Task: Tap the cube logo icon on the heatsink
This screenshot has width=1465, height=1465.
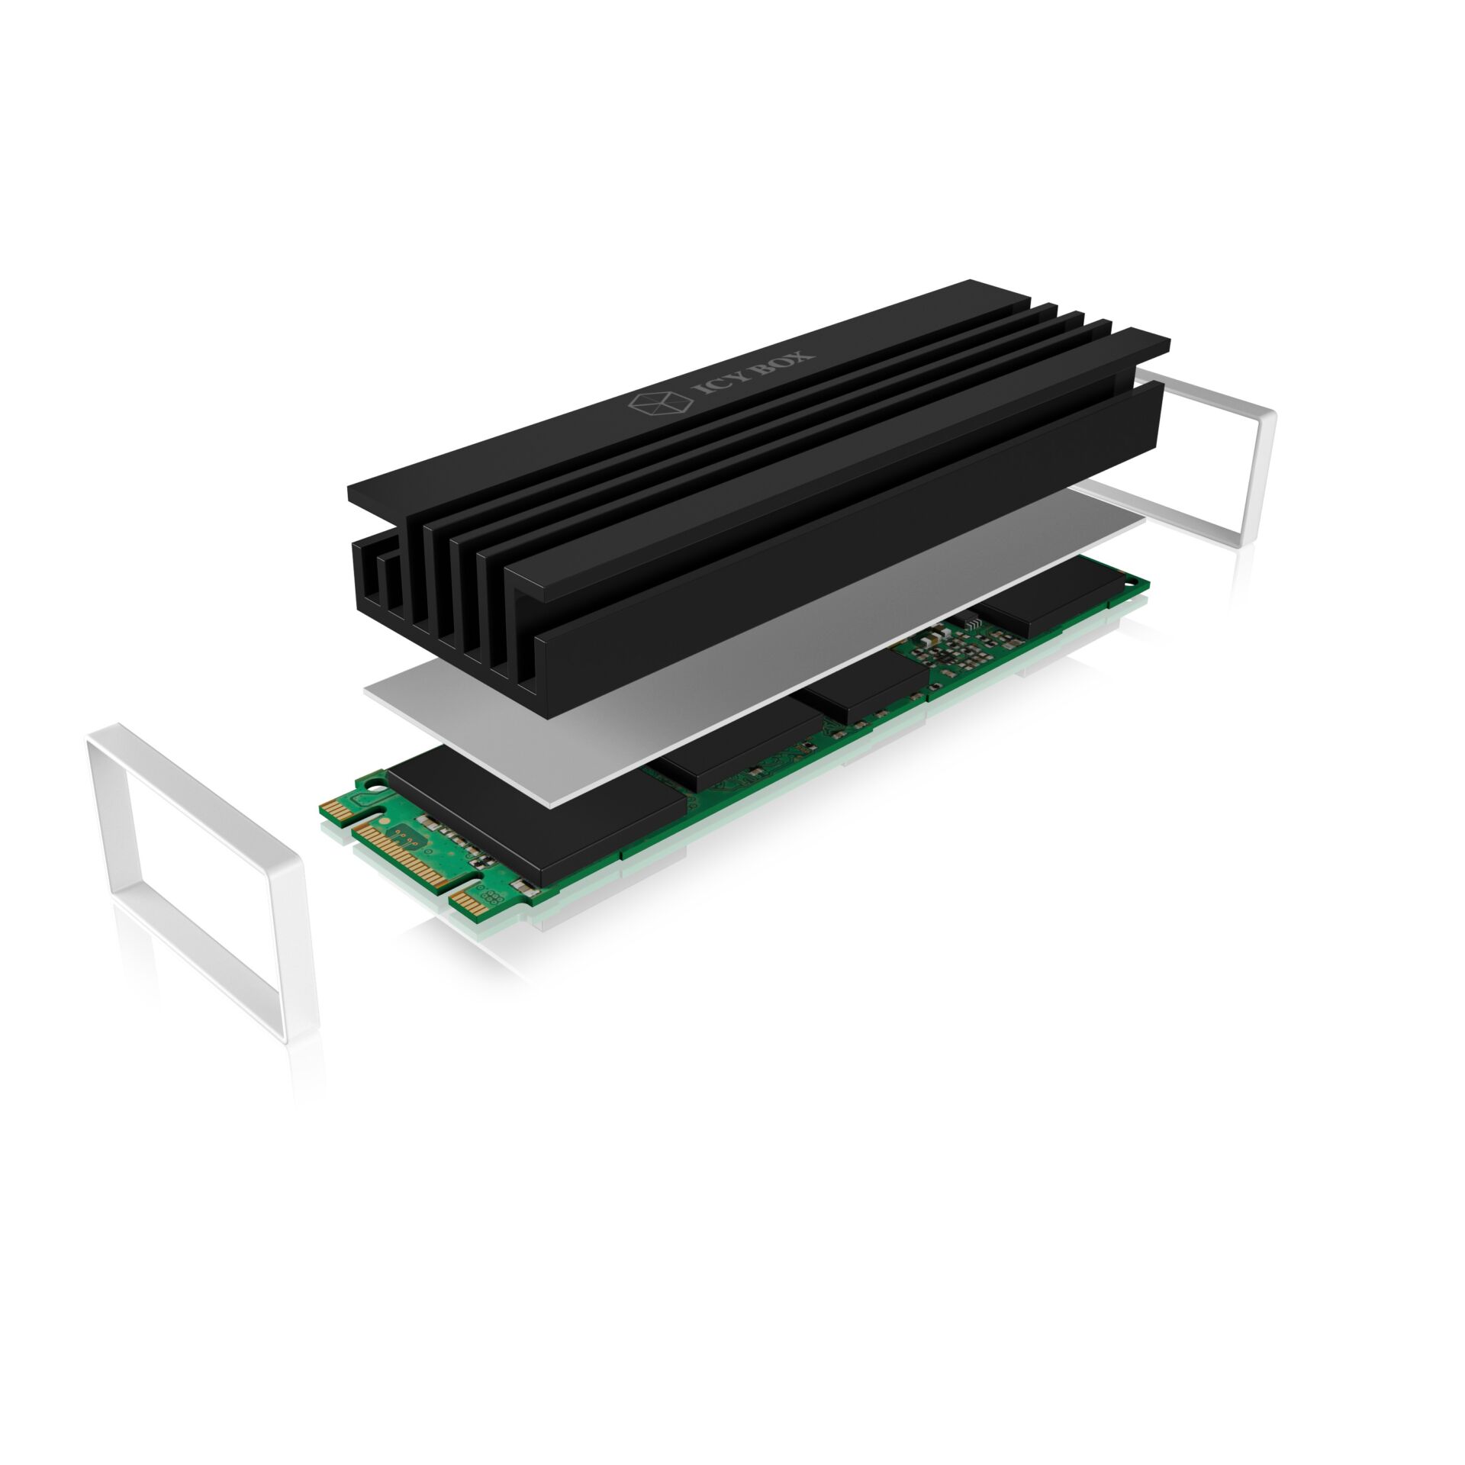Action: [645, 405]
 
